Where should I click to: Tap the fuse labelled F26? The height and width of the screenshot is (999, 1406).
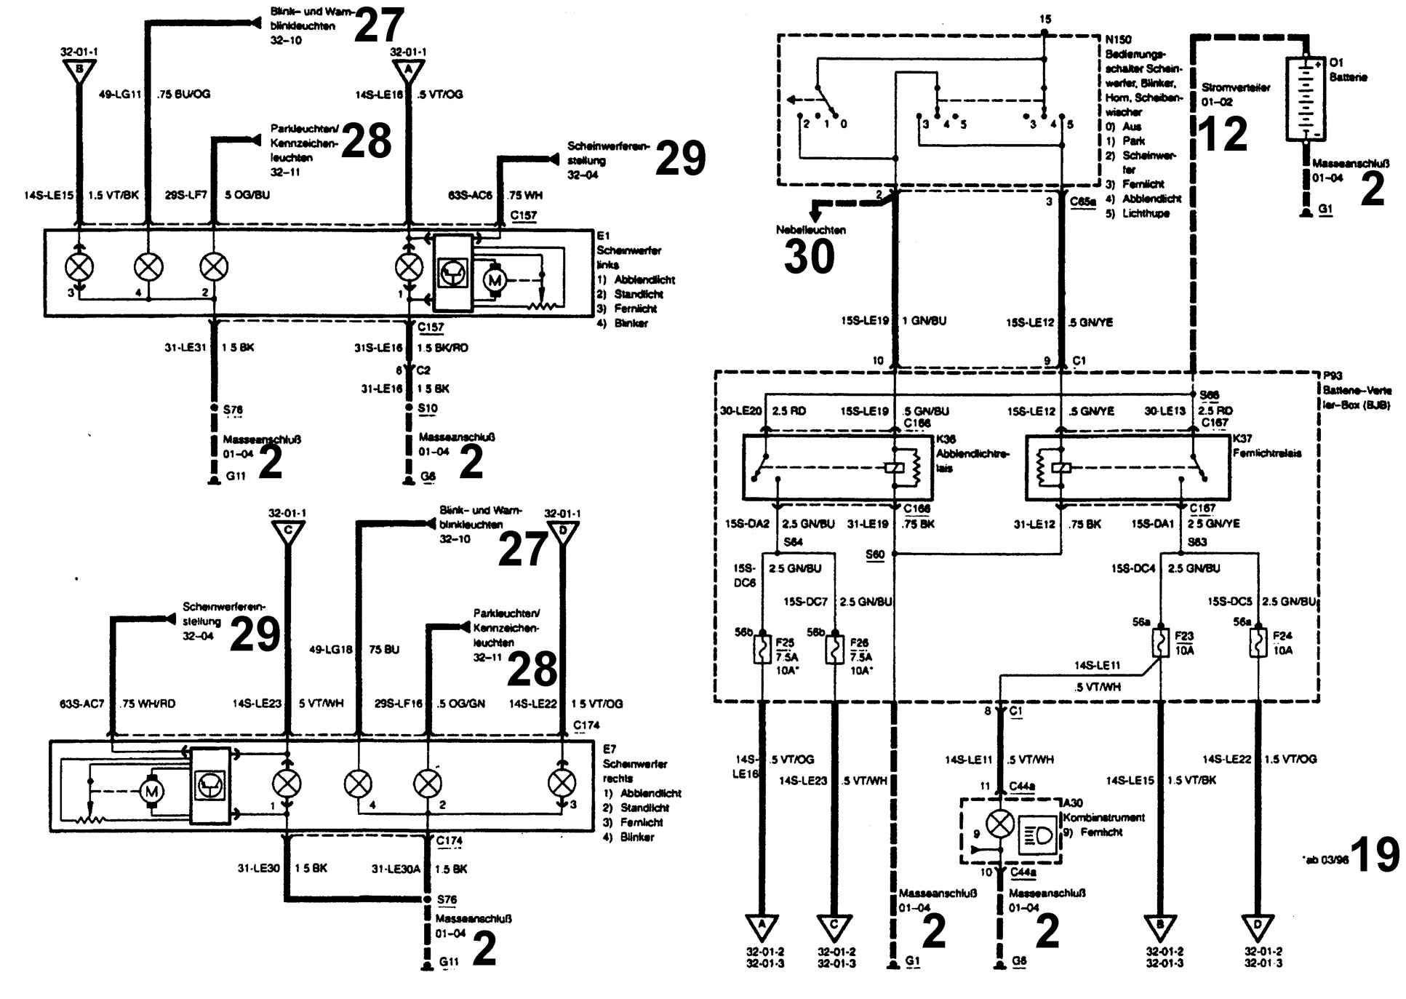click(x=834, y=650)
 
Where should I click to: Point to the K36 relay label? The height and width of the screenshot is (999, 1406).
click(x=946, y=439)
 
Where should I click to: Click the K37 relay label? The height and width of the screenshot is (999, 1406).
click(x=1242, y=439)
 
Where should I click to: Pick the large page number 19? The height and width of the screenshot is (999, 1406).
click(x=1374, y=855)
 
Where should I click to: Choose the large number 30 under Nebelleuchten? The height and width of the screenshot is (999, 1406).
click(x=809, y=257)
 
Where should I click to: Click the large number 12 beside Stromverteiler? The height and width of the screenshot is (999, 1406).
click(x=1222, y=134)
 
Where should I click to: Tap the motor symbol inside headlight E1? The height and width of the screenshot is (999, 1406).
click(x=494, y=279)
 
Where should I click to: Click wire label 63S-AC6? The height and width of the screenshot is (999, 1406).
click(x=471, y=195)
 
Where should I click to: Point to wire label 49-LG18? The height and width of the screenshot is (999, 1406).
click(x=330, y=649)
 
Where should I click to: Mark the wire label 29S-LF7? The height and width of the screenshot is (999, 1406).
click(x=186, y=195)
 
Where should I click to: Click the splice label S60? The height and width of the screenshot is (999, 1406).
click(x=875, y=554)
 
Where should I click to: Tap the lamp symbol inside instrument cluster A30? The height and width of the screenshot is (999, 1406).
click(x=1000, y=824)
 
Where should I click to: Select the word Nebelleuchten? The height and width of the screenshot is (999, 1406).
click(x=810, y=230)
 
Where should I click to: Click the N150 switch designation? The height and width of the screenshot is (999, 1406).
click(x=1118, y=39)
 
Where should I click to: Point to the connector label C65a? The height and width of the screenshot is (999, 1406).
click(x=1083, y=202)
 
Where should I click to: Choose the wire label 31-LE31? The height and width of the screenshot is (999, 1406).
click(x=185, y=348)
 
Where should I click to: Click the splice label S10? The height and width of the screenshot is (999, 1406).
click(x=428, y=408)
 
